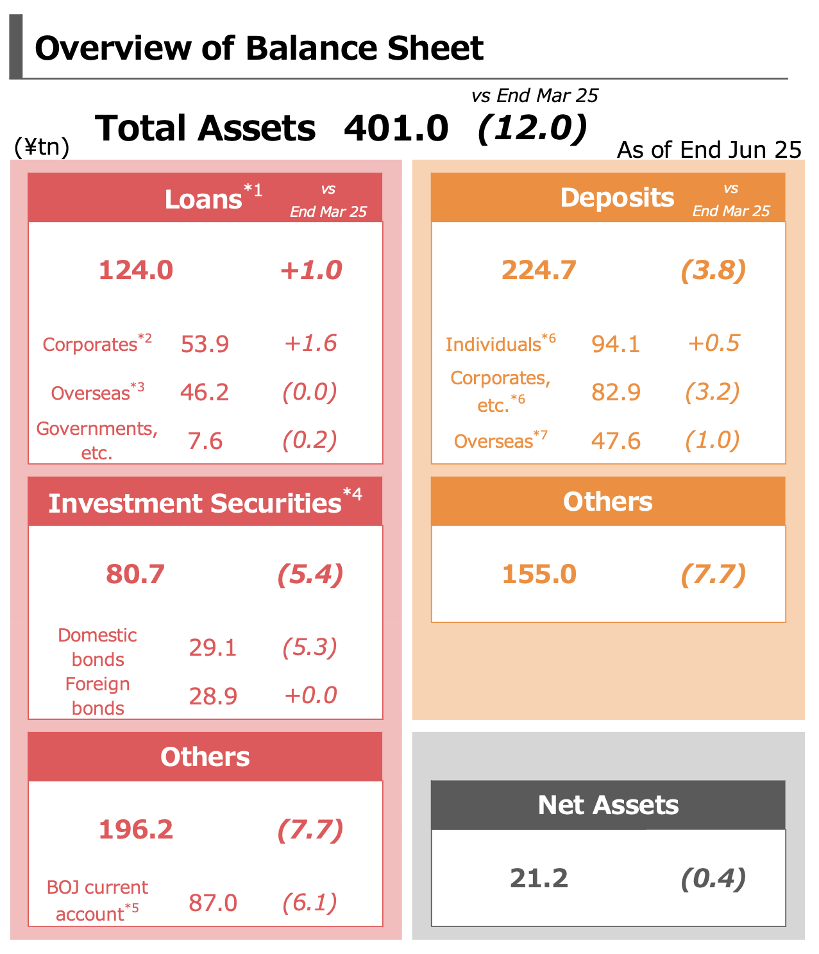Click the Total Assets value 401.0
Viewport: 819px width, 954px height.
[396, 128]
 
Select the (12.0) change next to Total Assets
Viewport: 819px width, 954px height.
[532, 128]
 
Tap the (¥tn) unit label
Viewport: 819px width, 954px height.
[42, 148]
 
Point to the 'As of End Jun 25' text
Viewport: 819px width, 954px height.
[709, 150]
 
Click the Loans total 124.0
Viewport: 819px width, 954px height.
[136, 270]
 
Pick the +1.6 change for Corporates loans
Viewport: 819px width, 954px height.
[310, 343]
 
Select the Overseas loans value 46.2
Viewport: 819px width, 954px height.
[205, 392]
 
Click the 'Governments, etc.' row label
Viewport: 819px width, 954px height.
[97, 440]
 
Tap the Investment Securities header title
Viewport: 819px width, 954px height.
[195, 503]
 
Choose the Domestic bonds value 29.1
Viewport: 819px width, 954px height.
[213, 647]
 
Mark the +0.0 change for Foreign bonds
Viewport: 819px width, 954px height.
[310, 695]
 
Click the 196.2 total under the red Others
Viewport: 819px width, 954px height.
[136, 830]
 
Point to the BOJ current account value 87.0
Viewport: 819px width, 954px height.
[213, 903]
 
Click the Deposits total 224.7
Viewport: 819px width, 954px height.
[539, 270]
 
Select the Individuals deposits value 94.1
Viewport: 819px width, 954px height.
[616, 344]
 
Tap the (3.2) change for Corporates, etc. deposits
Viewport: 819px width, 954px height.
[713, 392]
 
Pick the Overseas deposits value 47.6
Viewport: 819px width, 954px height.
[616, 441]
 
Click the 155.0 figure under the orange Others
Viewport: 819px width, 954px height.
[539, 574]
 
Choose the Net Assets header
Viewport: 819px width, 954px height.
[608, 805]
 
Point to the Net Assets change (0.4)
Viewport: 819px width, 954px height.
[713, 878]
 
